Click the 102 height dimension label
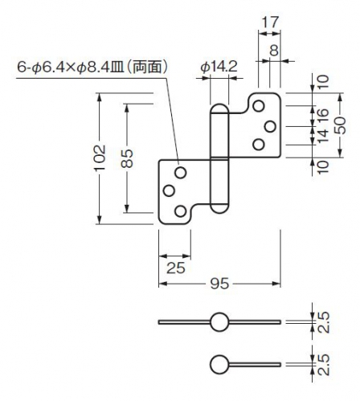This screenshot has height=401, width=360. (100, 158)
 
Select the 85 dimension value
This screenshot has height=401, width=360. (127, 158)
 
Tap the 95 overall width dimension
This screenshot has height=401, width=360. (219, 284)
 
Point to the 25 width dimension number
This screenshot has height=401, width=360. (176, 268)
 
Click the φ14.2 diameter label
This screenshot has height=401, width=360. (219, 66)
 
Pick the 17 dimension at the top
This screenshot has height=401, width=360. (270, 22)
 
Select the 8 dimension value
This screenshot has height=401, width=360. (274, 51)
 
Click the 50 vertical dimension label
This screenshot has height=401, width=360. (340, 125)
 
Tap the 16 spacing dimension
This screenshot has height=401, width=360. (323, 117)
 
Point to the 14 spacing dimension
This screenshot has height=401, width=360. (323, 136)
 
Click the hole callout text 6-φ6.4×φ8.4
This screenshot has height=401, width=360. (63, 67)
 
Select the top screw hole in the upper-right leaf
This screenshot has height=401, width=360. (259, 106)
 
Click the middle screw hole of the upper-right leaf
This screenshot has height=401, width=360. (270, 126)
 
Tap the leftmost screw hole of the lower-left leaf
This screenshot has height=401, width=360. (169, 190)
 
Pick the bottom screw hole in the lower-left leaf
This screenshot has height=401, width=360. (181, 211)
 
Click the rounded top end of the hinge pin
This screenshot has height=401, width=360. (219, 108)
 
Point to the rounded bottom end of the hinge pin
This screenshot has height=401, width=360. (219, 208)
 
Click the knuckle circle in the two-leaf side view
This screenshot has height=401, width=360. (219, 322)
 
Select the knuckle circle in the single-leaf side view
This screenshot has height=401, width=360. (219, 364)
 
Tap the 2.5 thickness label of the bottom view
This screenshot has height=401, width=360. (323, 365)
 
